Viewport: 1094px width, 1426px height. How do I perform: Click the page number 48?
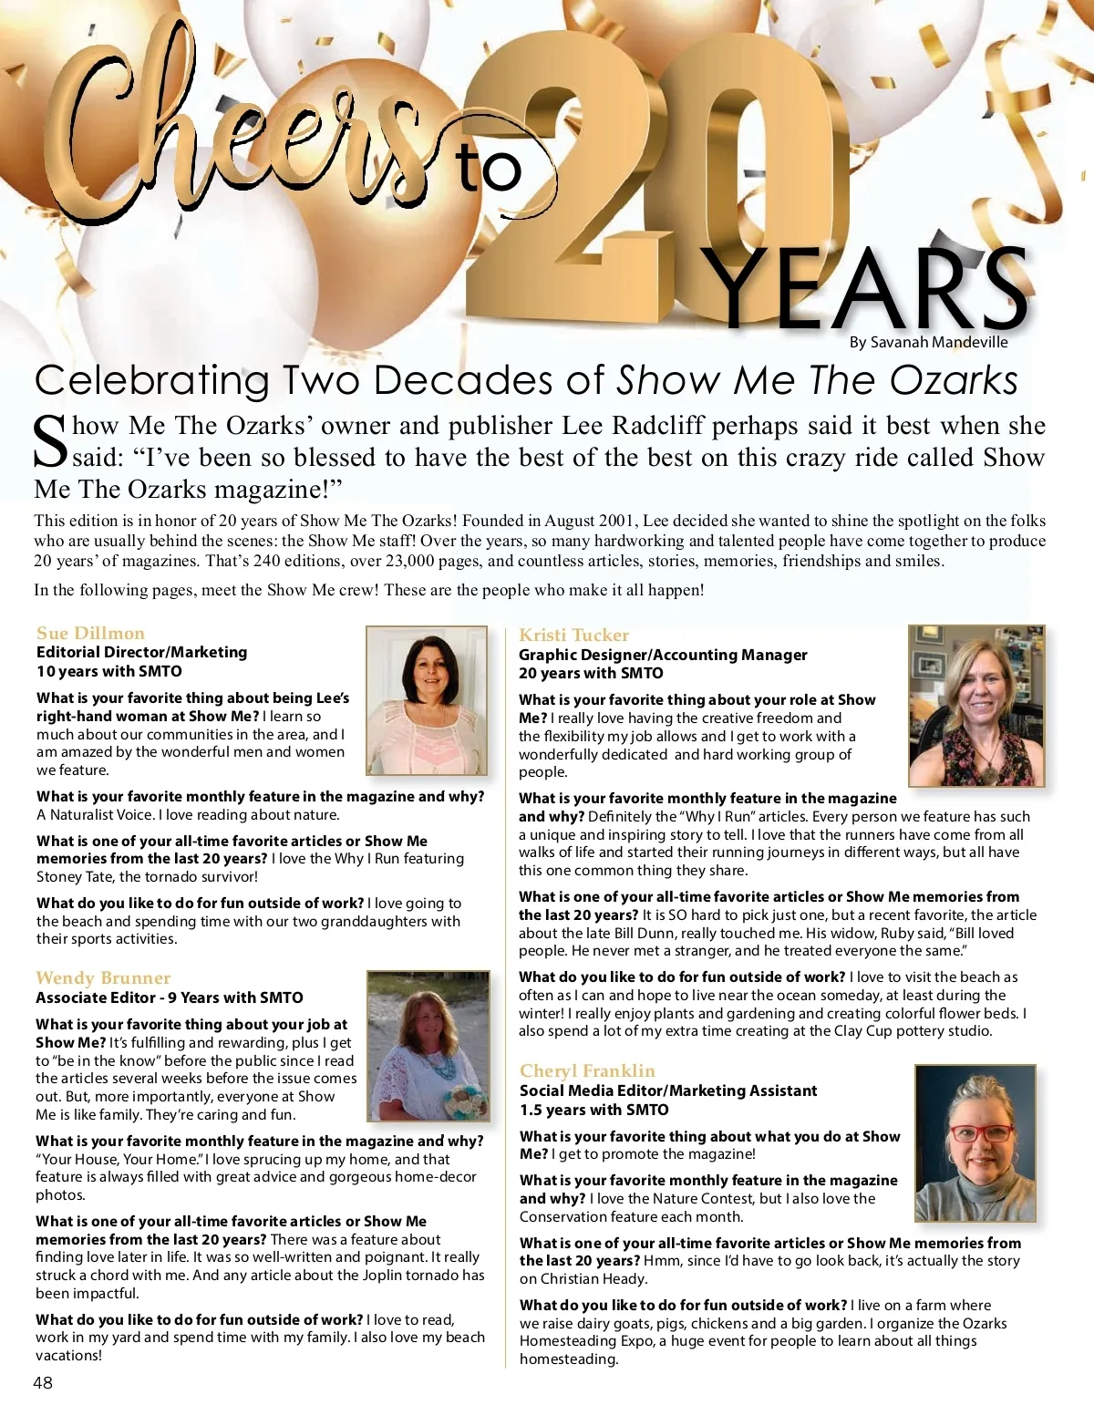click(x=43, y=1382)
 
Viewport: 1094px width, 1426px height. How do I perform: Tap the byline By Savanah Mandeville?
click(x=928, y=342)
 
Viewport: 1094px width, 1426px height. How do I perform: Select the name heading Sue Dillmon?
click(x=90, y=633)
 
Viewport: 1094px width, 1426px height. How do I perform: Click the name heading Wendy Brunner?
click(x=103, y=977)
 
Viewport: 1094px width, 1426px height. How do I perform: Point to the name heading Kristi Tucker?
click(x=573, y=635)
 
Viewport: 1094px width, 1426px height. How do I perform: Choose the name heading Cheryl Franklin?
click(x=587, y=1070)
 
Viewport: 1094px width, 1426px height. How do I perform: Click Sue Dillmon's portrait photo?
click(x=427, y=699)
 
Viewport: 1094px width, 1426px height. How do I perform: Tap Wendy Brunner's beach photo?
click(x=428, y=1046)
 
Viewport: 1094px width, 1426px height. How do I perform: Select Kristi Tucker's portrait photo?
click(x=976, y=705)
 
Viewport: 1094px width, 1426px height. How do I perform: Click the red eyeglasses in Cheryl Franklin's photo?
click(x=981, y=1133)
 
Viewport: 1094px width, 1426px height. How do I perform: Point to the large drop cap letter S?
click(x=51, y=442)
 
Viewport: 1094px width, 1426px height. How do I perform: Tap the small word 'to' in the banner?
click(x=490, y=169)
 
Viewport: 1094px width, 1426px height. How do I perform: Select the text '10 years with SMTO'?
click(x=109, y=671)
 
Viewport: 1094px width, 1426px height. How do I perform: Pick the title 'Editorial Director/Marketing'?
click(x=141, y=652)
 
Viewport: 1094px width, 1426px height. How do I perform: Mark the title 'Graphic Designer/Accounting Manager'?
click(x=663, y=655)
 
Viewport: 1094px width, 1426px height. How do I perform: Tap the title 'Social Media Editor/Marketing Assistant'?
click(x=668, y=1090)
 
